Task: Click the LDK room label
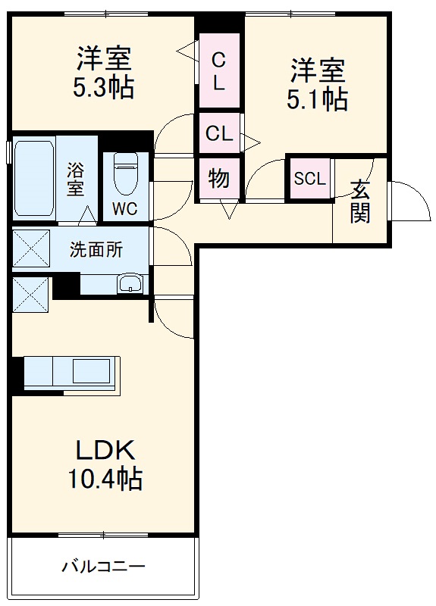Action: [105, 451]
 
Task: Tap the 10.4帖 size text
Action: [105, 479]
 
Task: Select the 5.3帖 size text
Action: [104, 87]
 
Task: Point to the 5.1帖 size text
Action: [317, 98]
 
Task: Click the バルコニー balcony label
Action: [103, 566]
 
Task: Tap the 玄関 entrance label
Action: [360, 201]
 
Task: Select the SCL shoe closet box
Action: [309, 179]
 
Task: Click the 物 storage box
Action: [219, 179]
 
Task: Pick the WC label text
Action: [125, 209]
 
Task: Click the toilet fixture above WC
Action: [125, 174]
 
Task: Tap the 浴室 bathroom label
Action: [75, 179]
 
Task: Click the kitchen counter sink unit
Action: [72, 373]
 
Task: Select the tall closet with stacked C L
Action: [219, 70]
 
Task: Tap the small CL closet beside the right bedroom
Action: [219, 134]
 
